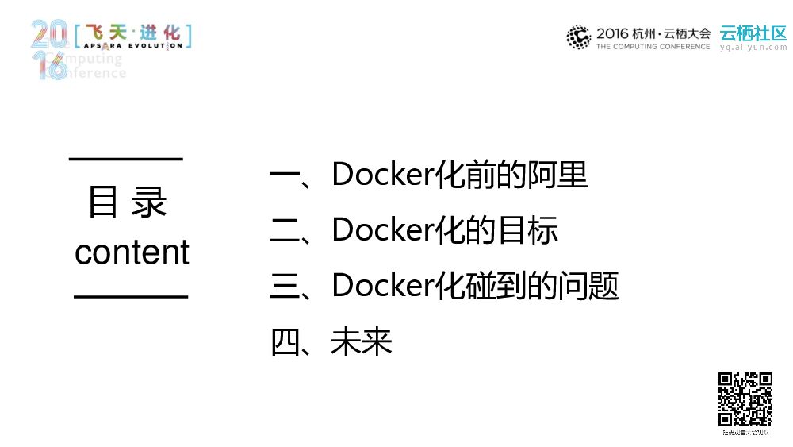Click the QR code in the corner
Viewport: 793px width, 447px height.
click(x=745, y=399)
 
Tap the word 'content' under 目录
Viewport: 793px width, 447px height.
click(x=132, y=252)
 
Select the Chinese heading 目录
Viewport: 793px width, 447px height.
click(x=128, y=202)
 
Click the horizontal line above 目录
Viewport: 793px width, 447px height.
click(x=126, y=159)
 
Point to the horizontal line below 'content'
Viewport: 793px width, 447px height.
click(x=131, y=296)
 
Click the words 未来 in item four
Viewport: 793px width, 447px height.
click(x=362, y=342)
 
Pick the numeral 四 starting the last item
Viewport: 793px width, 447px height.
click(x=283, y=343)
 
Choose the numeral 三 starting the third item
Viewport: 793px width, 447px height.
click(x=283, y=287)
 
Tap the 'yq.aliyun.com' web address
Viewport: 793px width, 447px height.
click(x=753, y=48)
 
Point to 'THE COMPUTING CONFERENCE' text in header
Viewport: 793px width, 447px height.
click(x=653, y=47)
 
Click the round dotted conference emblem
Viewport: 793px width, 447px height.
click(x=579, y=37)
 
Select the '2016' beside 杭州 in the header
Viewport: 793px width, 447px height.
click(x=612, y=33)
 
